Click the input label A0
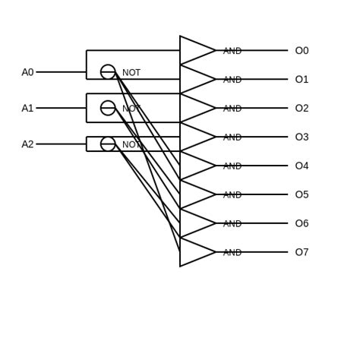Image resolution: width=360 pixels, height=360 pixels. pyautogui.click(x=27, y=72)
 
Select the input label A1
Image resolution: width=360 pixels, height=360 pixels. pyautogui.click(x=27, y=108)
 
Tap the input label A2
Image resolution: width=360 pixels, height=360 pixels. pyautogui.click(x=27, y=144)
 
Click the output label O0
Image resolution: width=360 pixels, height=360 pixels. pyautogui.click(x=302, y=51)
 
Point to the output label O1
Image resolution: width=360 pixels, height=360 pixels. pyautogui.click(x=302, y=80)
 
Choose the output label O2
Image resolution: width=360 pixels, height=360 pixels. pyautogui.click(x=302, y=109)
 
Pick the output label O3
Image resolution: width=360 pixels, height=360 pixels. pyautogui.click(x=302, y=137)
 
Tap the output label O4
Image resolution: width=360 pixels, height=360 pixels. pyautogui.click(x=302, y=166)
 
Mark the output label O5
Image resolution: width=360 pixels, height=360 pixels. pyautogui.click(x=302, y=195)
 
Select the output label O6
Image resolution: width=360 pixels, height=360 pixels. pyautogui.click(x=302, y=224)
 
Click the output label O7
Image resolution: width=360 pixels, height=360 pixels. pyautogui.click(x=302, y=253)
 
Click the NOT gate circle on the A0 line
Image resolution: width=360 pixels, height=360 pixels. pyautogui.click(x=108, y=72)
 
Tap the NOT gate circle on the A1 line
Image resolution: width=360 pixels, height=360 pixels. pyautogui.click(x=108, y=108)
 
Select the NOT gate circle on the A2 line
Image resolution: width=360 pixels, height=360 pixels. pyautogui.click(x=108, y=144)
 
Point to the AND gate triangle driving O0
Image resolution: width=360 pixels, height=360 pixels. pyautogui.click(x=194, y=51)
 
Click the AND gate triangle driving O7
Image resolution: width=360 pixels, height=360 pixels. pyautogui.click(x=194, y=252)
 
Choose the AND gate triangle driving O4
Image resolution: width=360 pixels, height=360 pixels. pyautogui.click(x=194, y=166)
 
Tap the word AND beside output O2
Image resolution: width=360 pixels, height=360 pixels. pyautogui.click(x=232, y=109)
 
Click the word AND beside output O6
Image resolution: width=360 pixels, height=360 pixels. pyautogui.click(x=232, y=224)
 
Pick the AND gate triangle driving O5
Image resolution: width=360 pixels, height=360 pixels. pyautogui.click(x=194, y=194)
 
